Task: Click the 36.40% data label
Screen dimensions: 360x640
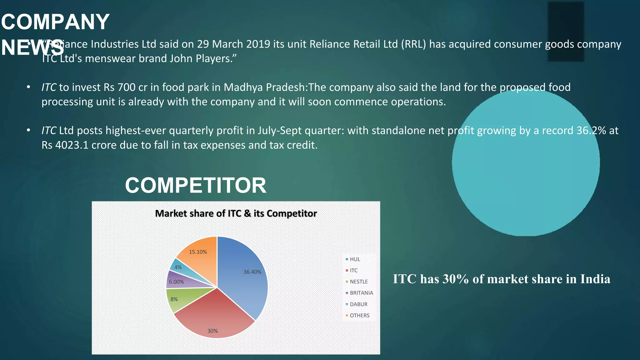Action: (252, 272)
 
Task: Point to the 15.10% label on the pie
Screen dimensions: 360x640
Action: (198, 252)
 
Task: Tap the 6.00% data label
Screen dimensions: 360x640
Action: (176, 282)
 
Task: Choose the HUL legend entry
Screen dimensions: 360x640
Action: (355, 259)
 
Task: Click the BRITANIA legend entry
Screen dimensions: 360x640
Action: (361, 293)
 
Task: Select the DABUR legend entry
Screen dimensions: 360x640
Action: (358, 304)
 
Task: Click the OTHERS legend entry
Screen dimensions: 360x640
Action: (359, 316)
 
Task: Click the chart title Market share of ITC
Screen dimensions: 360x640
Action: (236, 213)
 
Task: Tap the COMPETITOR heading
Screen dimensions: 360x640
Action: (196, 185)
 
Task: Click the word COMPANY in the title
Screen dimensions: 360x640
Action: (55, 22)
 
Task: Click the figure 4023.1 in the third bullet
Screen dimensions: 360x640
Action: (72, 145)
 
